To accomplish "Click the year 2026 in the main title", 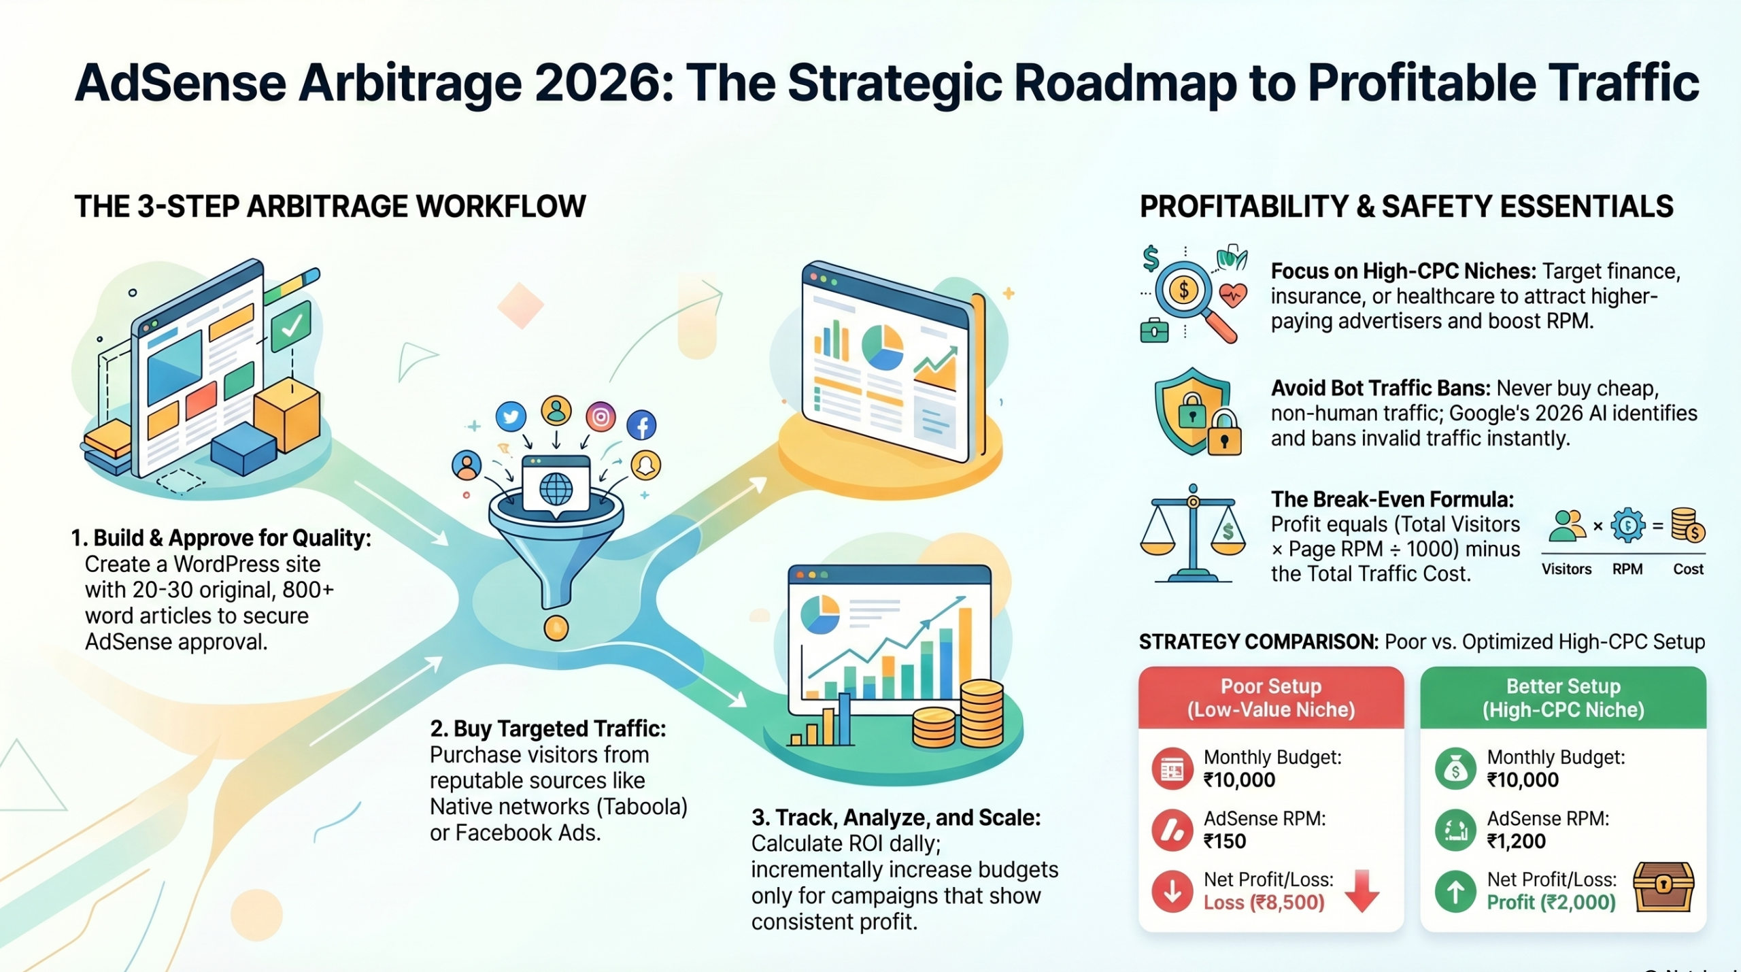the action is coord(596,83).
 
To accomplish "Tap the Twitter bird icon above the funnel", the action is coord(511,416).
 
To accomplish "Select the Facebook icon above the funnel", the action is coord(641,425).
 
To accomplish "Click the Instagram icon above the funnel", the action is coord(601,416).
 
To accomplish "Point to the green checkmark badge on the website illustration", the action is coord(291,326).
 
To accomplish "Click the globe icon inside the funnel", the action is coord(556,488).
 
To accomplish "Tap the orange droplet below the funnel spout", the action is coord(556,627).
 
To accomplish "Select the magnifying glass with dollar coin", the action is coord(1196,300).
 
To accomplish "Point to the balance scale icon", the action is coord(1193,533).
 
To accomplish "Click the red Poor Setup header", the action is coord(1271,698).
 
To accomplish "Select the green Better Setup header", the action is coord(1563,698).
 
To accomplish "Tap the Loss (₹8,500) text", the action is coord(1264,903).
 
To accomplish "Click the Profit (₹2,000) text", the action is coord(1551,903).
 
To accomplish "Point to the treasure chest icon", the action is coord(1663,886).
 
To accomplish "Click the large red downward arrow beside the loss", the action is coord(1362,891).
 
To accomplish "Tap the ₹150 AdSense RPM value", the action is coord(1225,841).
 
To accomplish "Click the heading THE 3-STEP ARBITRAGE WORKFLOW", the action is coord(330,206).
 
